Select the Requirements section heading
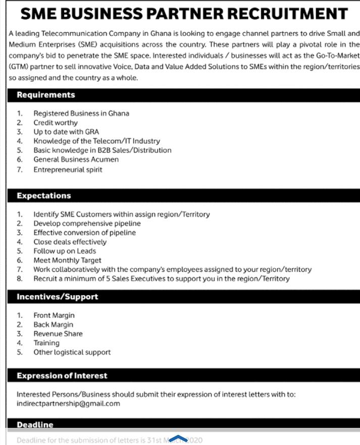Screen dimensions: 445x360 pos(46,95)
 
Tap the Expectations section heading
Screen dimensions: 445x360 pos(44,196)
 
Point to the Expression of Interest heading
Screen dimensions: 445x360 pos(62,375)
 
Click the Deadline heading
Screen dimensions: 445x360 pos(35,425)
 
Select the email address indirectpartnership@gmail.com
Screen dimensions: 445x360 pos(68,404)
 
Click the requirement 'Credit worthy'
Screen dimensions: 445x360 pos(56,123)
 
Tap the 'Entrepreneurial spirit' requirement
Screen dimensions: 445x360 pos(68,170)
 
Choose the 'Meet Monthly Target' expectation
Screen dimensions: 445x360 pos(67,260)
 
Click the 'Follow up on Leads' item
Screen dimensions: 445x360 pos(65,251)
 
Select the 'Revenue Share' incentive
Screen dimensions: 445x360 pos(58,333)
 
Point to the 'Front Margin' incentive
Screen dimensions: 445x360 pos(54,315)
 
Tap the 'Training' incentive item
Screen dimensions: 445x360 pos(46,343)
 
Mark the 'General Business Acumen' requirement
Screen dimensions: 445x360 pos(76,159)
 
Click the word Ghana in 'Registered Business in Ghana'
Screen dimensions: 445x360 pos(119,114)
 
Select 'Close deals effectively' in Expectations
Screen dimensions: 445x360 pos(70,242)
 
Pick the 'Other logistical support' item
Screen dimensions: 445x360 pos(72,352)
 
